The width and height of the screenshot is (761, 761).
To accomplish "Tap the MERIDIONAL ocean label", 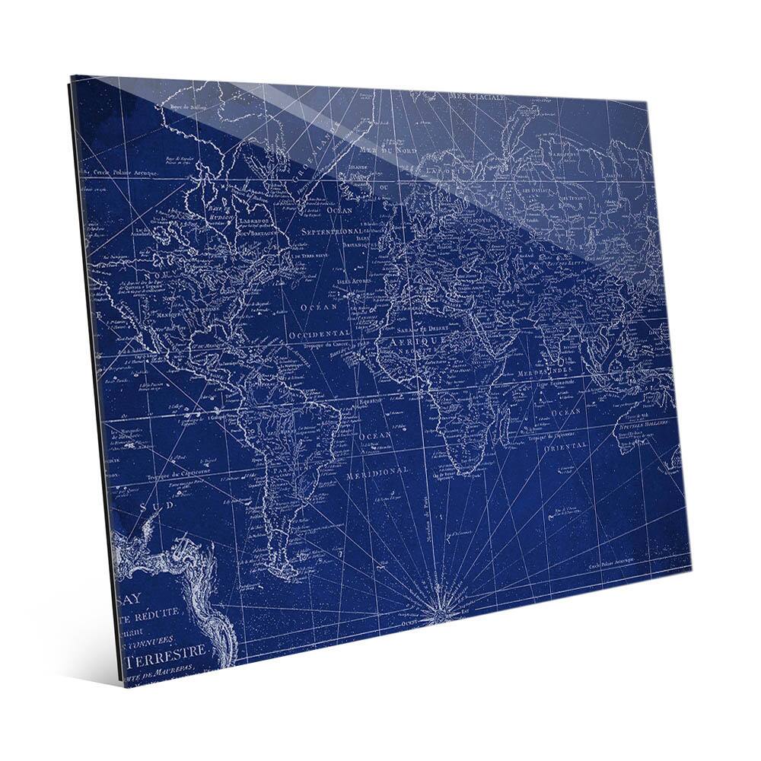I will click(377, 473).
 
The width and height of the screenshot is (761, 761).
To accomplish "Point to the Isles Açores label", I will click(351, 281).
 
